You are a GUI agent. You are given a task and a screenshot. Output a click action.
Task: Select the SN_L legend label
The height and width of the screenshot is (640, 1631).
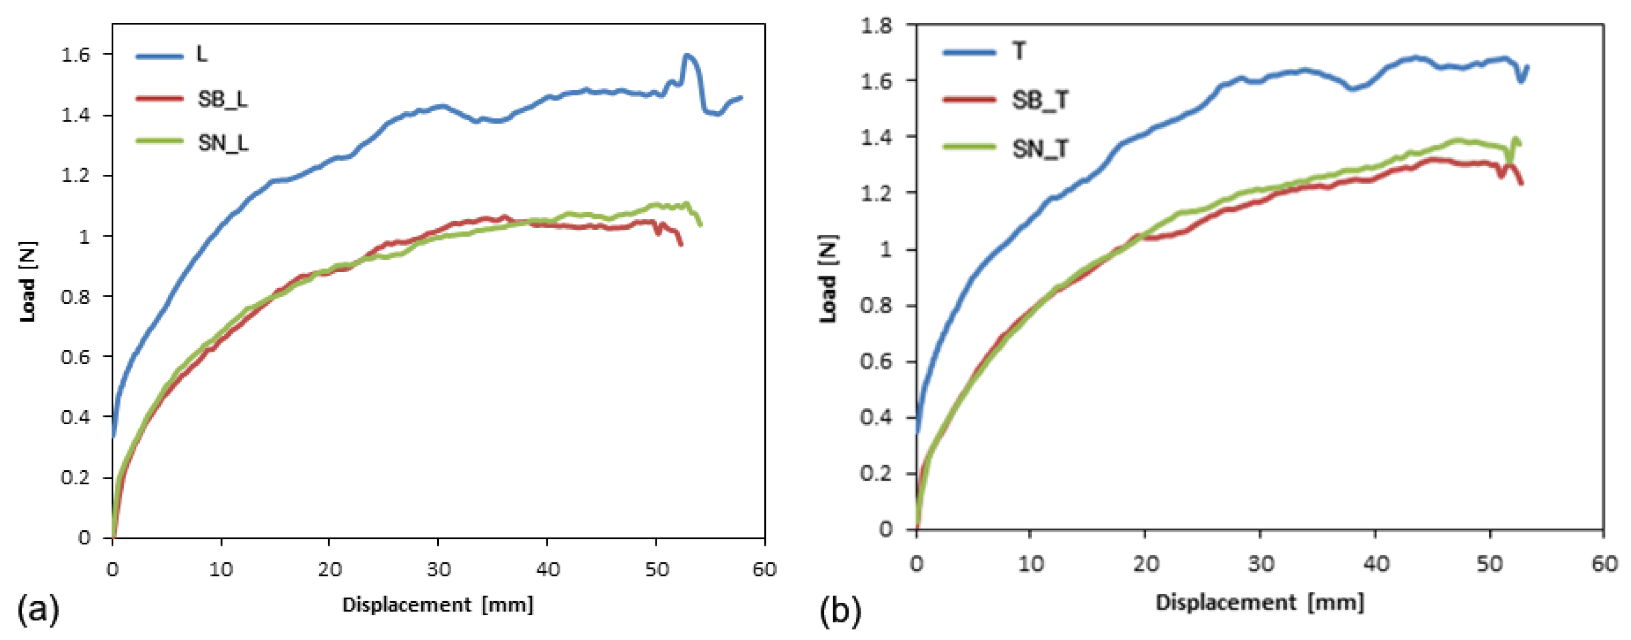[223, 143]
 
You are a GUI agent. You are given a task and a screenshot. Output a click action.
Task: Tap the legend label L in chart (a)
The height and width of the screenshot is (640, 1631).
[202, 54]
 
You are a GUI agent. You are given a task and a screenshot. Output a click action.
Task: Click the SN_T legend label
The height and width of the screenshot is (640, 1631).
[1040, 150]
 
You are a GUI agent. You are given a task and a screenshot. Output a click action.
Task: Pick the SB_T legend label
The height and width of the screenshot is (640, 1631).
[1040, 100]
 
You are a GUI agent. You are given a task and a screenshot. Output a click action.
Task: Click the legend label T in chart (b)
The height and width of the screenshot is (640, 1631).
[1019, 51]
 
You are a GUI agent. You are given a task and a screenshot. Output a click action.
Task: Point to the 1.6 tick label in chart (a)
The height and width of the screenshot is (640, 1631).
[76, 54]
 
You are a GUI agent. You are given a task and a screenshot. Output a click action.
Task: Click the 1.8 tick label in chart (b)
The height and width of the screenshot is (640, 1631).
[876, 25]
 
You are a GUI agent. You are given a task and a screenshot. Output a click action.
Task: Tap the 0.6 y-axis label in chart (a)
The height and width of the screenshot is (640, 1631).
[76, 357]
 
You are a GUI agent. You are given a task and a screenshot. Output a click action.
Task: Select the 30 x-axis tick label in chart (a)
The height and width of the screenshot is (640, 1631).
[438, 570]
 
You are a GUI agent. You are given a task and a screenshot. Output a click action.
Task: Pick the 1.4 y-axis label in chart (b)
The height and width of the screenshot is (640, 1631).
[876, 137]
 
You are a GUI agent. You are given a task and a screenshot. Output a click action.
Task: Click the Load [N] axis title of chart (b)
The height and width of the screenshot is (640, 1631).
[829, 278]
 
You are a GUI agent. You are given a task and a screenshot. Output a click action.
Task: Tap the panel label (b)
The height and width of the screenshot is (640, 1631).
[840, 612]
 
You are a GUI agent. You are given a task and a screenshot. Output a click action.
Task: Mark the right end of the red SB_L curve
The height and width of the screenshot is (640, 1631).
[681, 244]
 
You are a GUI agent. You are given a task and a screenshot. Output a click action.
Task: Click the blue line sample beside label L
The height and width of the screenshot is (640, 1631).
[159, 56]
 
